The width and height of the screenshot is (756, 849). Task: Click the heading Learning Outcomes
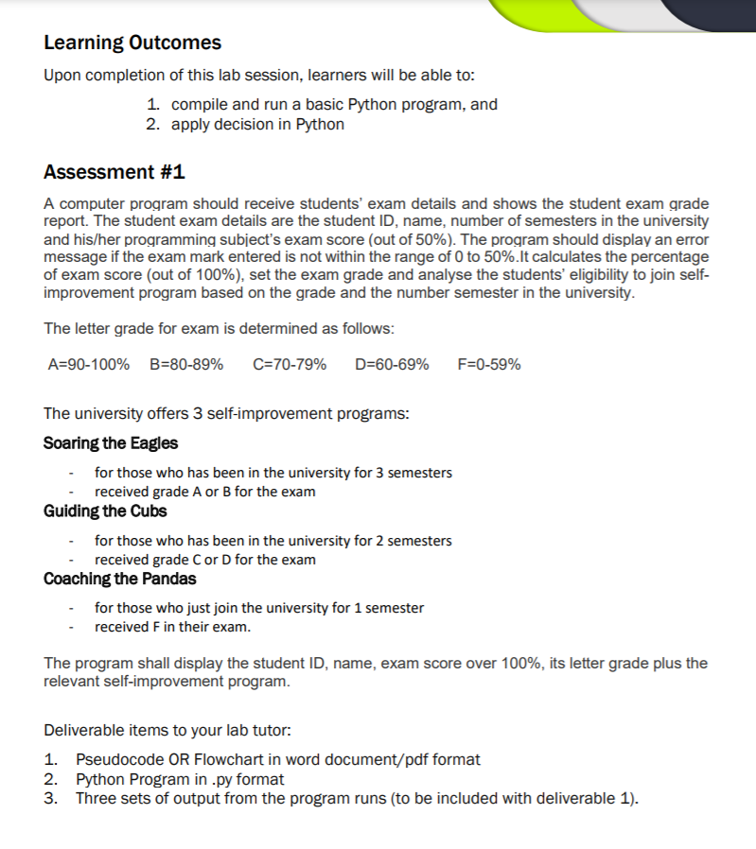(x=132, y=43)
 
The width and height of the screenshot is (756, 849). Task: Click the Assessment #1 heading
(x=114, y=172)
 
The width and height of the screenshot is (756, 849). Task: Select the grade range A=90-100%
(x=89, y=365)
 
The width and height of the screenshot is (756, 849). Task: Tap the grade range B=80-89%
(x=186, y=365)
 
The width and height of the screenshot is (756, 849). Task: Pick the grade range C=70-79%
(x=290, y=365)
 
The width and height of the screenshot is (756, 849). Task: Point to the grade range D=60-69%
(x=392, y=365)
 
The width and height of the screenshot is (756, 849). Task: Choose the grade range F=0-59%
(x=488, y=365)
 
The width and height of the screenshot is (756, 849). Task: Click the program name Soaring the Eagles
(x=111, y=443)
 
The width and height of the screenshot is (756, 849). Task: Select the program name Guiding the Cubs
(x=105, y=511)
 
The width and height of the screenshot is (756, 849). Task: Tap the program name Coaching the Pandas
(x=120, y=579)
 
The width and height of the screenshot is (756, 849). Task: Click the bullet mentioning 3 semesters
(x=273, y=472)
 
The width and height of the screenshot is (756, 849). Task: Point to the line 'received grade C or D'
(x=205, y=560)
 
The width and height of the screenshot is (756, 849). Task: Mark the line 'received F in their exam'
(x=172, y=627)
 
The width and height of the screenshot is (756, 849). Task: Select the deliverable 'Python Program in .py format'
(x=180, y=780)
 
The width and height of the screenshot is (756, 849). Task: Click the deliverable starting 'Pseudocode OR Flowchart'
(x=277, y=759)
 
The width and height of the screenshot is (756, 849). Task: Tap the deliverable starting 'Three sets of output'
(x=357, y=799)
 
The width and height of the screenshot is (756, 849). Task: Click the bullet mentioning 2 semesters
(x=273, y=541)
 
